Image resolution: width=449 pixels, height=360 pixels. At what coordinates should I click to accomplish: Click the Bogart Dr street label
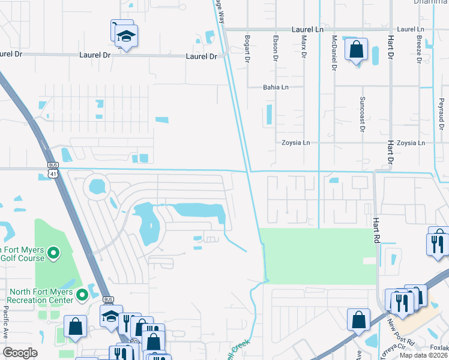(x=247, y=49)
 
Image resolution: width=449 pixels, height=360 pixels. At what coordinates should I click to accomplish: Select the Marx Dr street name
(x=304, y=47)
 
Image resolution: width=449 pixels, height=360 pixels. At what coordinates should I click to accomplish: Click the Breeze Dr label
(x=418, y=49)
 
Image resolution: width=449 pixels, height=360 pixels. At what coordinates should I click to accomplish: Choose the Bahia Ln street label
(x=276, y=87)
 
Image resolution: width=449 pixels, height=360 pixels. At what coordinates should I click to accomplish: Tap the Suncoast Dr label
(x=363, y=113)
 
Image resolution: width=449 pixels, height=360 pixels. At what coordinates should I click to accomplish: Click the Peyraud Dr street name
(x=441, y=114)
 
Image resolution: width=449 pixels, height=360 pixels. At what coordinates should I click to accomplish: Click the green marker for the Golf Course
(x=53, y=253)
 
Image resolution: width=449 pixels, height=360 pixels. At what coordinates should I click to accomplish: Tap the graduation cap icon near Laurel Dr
(x=126, y=37)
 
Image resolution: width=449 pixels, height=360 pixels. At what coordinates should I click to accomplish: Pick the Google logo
(x=20, y=353)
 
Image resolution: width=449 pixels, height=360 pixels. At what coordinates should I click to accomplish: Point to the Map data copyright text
(x=423, y=356)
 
